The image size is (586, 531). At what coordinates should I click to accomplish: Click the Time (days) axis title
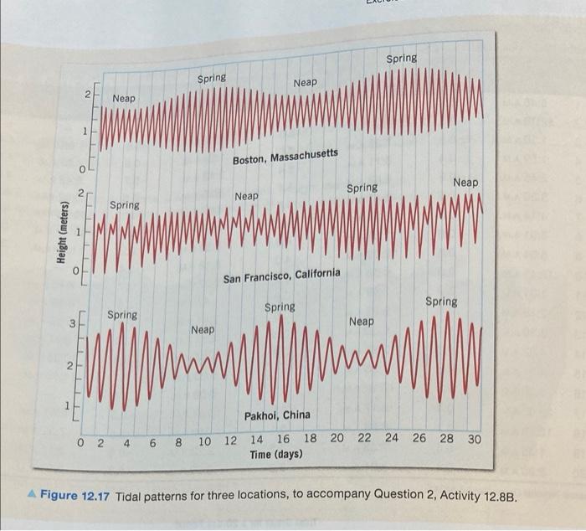[276, 454]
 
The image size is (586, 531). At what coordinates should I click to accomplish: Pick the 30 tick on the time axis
[474, 438]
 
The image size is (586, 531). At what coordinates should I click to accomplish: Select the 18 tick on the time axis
[310, 439]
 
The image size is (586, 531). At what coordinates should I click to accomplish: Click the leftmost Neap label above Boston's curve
[124, 99]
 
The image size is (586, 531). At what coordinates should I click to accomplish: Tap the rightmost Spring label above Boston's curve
[401, 59]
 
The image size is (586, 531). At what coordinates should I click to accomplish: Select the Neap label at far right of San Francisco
[465, 183]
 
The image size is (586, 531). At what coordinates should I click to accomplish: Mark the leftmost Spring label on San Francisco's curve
[125, 205]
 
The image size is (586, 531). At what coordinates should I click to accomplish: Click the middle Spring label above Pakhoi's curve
[280, 307]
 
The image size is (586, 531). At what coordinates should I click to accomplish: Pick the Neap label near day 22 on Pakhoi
[362, 322]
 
